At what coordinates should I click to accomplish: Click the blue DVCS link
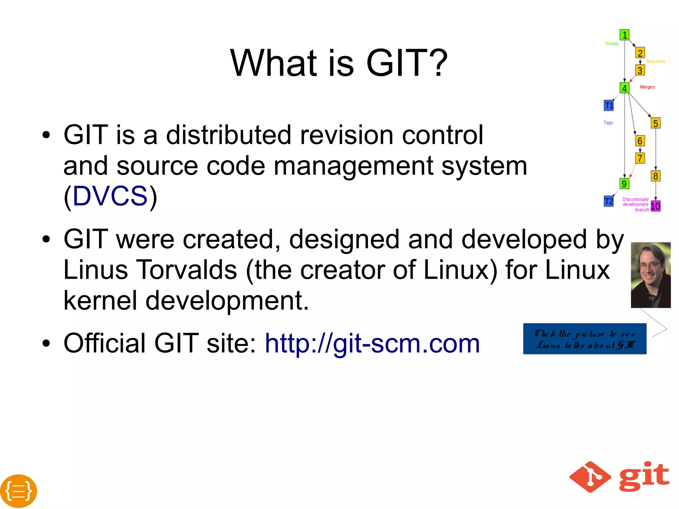coord(110,196)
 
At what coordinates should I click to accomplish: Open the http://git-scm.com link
coord(372,344)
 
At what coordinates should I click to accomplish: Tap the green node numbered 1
coord(624,35)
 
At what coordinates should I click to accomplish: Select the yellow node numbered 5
coord(655,123)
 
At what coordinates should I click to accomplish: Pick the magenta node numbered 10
coord(655,206)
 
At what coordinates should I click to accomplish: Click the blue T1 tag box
coord(609,105)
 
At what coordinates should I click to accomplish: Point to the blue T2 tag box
coord(609,201)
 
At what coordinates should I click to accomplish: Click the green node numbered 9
coord(624,184)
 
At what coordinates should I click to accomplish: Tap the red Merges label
coord(647,87)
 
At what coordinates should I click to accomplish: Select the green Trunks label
coord(612,44)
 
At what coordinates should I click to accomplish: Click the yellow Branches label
coord(655,62)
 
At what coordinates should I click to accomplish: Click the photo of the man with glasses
coord(650,275)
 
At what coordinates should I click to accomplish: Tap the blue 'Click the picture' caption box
coord(585,339)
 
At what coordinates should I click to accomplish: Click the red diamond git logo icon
coord(590,477)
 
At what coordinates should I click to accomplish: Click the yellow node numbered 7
coord(640,158)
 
